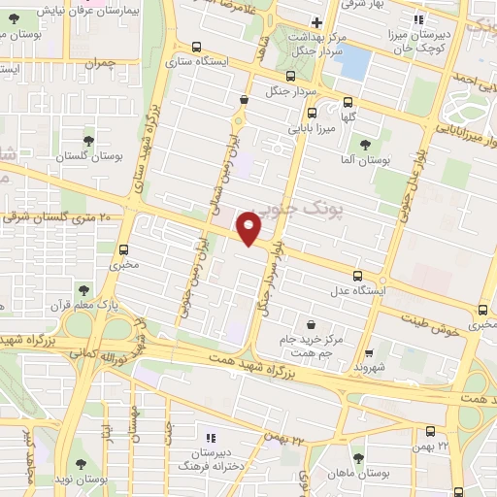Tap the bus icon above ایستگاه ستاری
coord(197,47)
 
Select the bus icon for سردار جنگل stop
coord(290,76)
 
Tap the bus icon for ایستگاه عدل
coord(359,276)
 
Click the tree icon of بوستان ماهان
coord(359,457)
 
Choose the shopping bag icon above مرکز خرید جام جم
coord(310,323)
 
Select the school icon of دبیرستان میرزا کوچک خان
coord(418,19)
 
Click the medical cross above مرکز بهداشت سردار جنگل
coord(316,22)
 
